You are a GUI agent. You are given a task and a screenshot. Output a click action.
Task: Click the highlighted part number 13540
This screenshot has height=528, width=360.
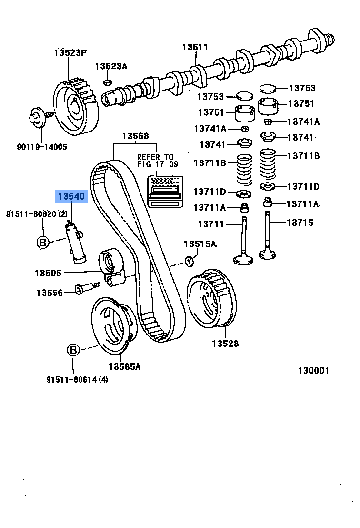click(71, 196)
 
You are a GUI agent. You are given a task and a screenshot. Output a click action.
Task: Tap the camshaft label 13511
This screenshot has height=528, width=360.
click(195, 47)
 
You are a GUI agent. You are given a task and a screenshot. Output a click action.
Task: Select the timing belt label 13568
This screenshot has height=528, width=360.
click(135, 136)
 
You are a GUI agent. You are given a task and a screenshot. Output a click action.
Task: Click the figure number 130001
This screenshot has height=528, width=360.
click(313, 371)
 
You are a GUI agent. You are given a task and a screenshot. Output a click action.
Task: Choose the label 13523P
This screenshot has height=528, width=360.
click(71, 52)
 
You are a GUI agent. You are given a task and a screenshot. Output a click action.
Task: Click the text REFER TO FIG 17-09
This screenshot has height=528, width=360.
click(156, 161)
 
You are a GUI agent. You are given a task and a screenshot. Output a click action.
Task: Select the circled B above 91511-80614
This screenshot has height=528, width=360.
click(73, 350)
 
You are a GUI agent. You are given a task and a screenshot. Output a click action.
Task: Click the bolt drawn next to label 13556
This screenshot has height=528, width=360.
click(86, 288)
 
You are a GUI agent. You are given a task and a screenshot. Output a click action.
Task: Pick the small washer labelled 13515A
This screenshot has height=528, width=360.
click(189, 260)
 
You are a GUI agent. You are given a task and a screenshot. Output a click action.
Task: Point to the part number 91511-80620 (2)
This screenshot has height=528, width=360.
click(37, 214)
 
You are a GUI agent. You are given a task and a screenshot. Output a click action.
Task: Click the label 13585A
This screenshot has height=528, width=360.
click(124, 366)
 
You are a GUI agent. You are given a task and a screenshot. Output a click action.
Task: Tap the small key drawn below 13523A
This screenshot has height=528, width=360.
click(108, 83)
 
